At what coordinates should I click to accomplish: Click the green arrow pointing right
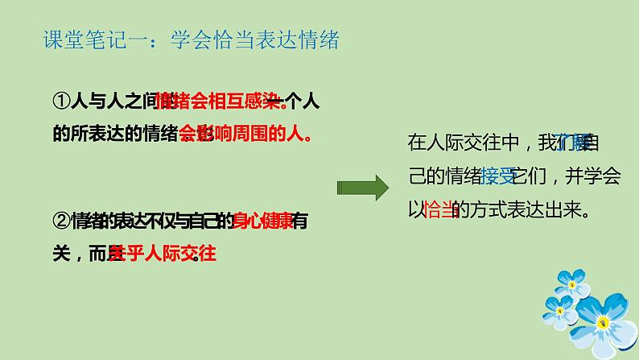coord(362,188)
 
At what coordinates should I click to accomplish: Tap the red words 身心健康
coord(262,220)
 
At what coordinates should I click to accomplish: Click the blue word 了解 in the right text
coord(573,143)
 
